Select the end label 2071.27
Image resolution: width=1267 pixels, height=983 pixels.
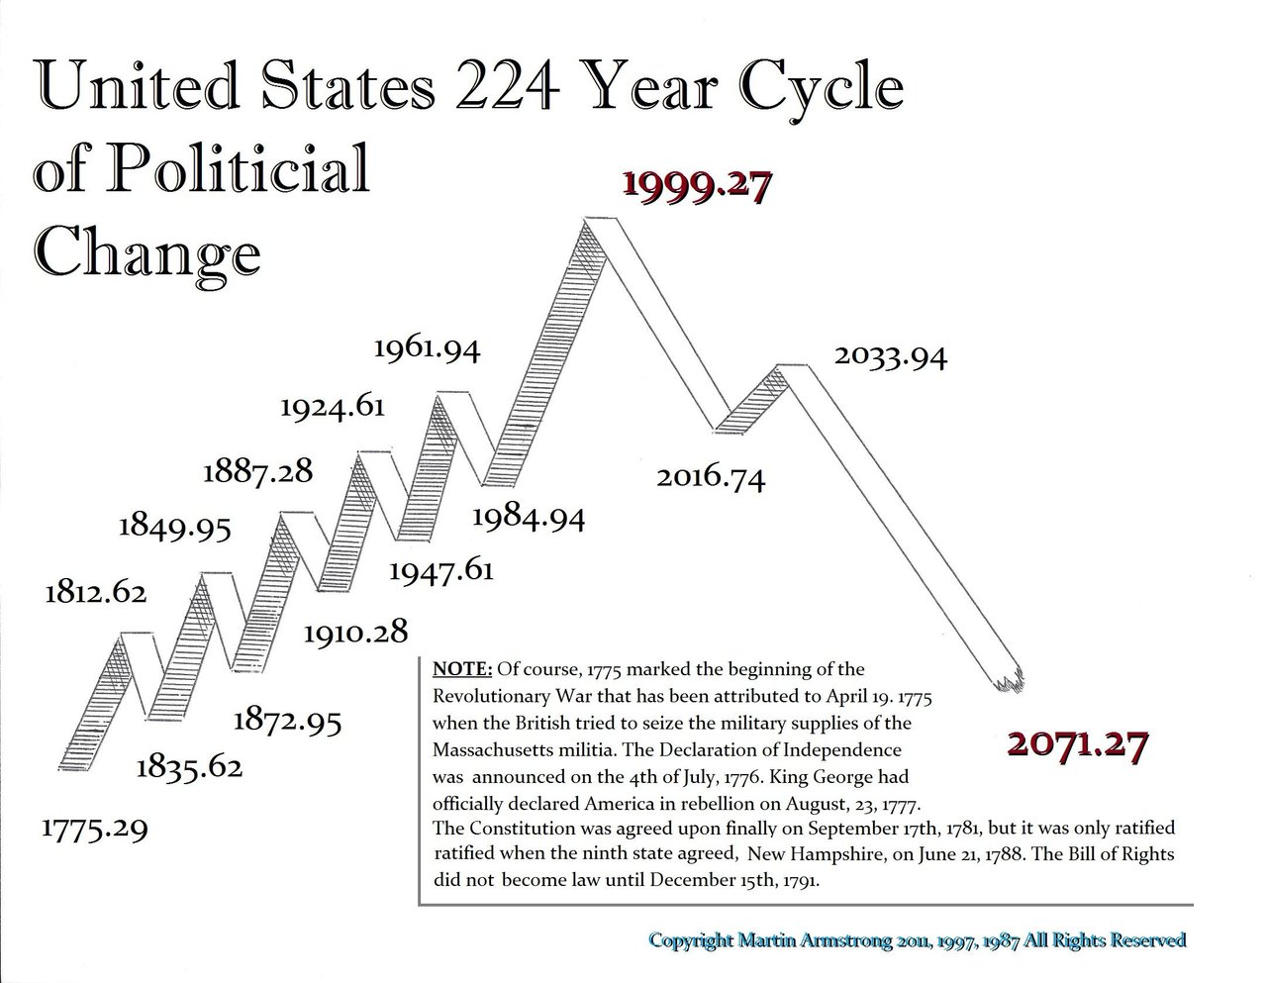click(1077, 742)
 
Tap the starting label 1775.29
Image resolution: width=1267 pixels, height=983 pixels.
click(94, 827)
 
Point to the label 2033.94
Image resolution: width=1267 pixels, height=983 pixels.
click(891, 356)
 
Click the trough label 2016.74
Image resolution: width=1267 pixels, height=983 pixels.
click(711, 478)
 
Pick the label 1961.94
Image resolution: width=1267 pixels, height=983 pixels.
click(427, 349)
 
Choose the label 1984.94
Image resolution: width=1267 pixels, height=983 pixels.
click(529, 517)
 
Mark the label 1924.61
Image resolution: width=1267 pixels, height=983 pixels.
click(333, 407)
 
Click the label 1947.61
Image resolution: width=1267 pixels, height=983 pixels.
click(440, 571)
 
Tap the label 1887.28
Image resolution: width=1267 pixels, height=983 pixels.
click(257, 470)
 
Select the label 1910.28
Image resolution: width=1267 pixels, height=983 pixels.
click(355, 631)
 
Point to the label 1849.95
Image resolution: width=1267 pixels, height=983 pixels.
click(175, 526)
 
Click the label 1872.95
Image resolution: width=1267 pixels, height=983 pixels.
click(288, 720)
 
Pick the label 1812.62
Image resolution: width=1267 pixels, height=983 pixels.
click(95, 593)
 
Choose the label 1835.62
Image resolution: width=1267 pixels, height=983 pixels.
click(189, 766)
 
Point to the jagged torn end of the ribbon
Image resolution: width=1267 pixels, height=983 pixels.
click(1007, 680)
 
